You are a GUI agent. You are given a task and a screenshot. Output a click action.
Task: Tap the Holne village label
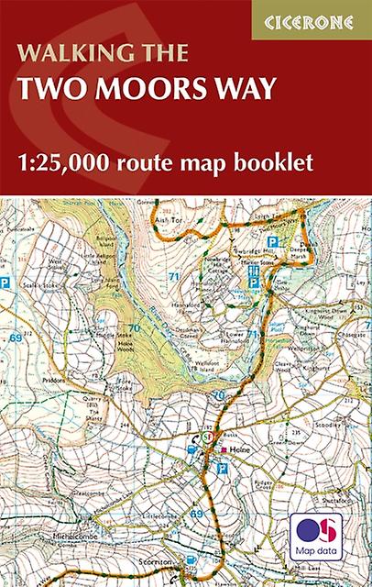(241, 449)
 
